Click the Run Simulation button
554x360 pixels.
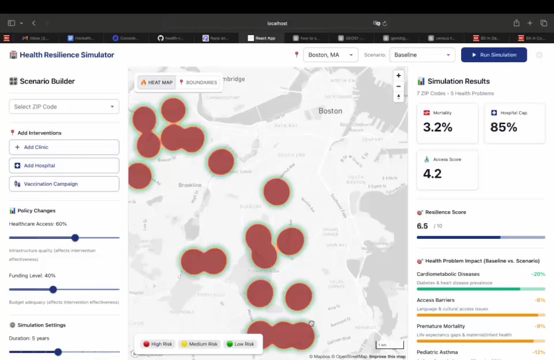493,55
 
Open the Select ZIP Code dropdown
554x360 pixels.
64,107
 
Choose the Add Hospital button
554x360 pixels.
64,166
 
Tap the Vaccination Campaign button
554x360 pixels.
64,184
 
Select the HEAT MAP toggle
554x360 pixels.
156,82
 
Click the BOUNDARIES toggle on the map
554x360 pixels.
199,82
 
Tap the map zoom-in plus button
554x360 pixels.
398,76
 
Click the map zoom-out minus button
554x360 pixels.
398,86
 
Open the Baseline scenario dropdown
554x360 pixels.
422,55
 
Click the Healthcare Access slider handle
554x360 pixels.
75,238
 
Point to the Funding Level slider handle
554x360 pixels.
53,290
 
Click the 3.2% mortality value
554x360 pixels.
437,127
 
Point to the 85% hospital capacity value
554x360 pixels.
504,127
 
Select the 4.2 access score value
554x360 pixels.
432,174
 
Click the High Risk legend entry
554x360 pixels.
158,344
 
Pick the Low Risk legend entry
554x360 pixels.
240,344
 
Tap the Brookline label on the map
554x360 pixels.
190,185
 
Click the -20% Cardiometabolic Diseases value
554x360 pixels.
538,274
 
